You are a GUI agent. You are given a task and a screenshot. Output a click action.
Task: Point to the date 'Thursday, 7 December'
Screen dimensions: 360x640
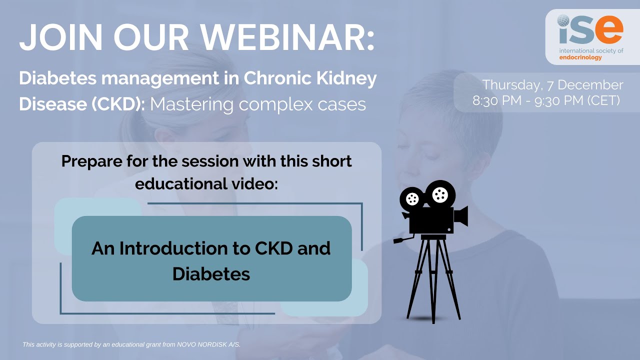coord(552,85)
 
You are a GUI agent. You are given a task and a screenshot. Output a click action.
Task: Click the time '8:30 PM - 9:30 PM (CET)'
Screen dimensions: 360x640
coord(546,100)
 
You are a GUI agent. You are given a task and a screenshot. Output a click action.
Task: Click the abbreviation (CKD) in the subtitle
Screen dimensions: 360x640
coord(120,104)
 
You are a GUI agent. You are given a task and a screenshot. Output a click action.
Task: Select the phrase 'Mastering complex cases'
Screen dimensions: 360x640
coord(258,104)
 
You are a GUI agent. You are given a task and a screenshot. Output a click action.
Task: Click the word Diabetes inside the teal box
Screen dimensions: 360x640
coord(211,274)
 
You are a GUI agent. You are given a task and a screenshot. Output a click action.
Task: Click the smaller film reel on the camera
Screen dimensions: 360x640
coord(412,199)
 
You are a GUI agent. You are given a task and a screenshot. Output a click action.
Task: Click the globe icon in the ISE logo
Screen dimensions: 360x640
coord(564,21)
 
